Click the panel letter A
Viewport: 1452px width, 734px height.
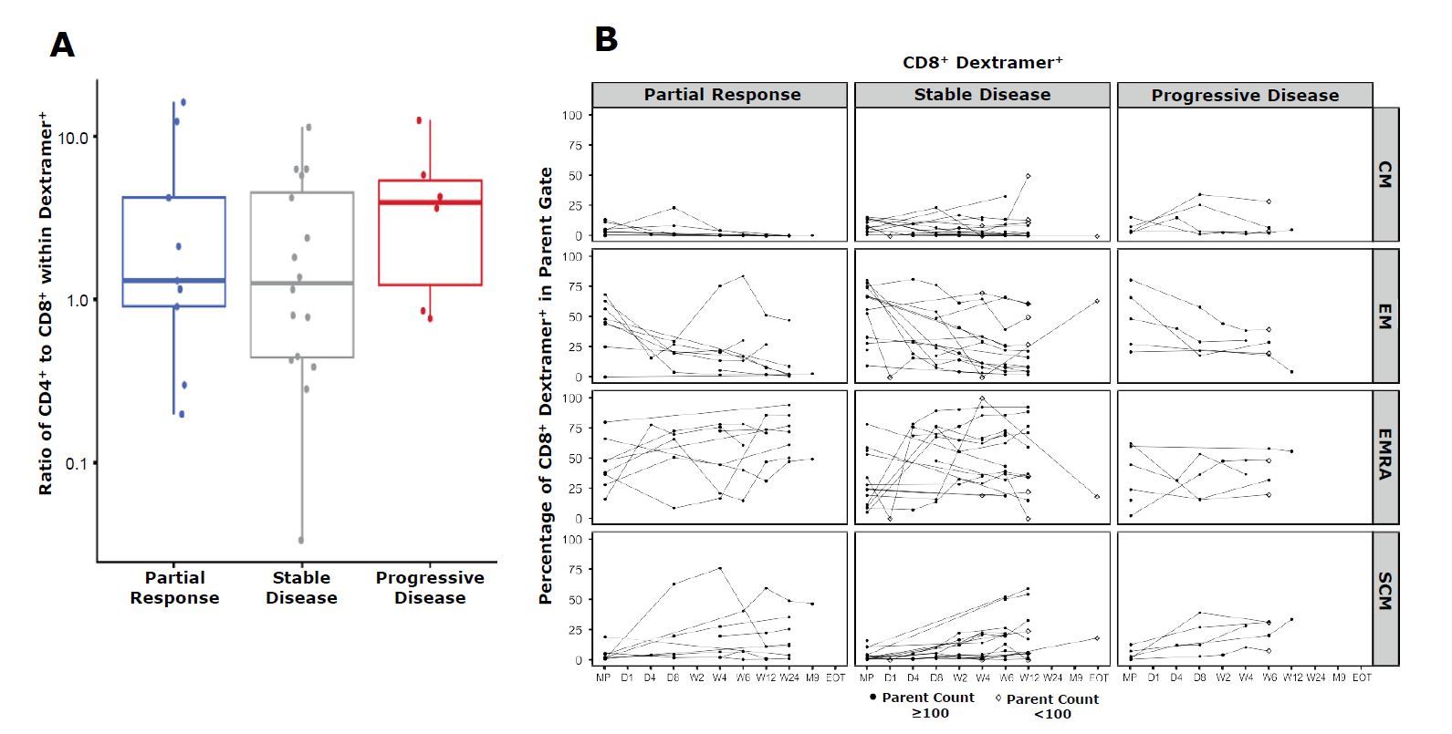pos(62,45)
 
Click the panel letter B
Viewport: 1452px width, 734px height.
pos(606,39)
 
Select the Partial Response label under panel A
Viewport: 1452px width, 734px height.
pos(174,588)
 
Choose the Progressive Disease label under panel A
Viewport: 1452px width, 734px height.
pos(430,588)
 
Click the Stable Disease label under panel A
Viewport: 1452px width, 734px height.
pos(301,588)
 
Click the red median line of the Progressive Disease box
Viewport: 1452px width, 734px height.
pos(430,202)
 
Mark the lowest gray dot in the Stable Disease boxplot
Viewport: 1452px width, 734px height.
pos(301,540)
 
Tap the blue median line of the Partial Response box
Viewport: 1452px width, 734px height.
pos(174,280)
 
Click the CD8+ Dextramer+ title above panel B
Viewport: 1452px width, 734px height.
pos(982,62)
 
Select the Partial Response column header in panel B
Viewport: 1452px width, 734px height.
pos(722,95)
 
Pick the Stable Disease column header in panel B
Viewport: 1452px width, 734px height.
pos(982,95)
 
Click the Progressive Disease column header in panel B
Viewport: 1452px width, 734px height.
pos(1245,95)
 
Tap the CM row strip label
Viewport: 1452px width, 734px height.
pos(1385,175)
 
